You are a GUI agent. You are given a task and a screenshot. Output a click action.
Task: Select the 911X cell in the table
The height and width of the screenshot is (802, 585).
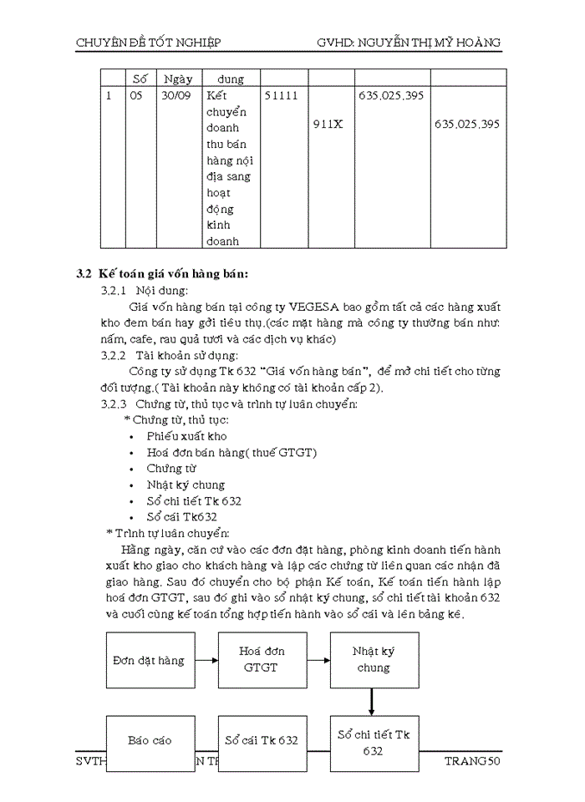[328, 124]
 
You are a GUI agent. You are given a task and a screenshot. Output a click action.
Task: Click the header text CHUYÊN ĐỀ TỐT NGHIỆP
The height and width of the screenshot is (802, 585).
[148, 42]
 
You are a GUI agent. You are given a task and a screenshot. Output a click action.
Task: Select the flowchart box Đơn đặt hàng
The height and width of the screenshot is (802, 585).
[148, 660]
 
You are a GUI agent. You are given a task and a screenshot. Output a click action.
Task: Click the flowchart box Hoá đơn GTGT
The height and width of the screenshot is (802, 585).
[261, 659]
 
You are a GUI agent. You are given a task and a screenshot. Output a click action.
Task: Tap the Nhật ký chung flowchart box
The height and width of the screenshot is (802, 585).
[373, 659]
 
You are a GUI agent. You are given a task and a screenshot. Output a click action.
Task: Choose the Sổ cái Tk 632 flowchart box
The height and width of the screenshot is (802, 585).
[261, 739]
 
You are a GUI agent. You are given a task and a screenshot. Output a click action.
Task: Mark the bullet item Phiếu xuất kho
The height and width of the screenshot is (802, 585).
[186, 436]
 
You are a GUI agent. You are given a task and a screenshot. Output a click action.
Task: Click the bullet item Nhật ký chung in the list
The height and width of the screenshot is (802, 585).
[186, 485]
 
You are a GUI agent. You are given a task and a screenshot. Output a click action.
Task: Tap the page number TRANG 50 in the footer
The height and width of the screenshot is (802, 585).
[471, 762]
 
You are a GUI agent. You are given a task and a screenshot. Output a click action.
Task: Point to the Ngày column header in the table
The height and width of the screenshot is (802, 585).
[178, 79]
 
